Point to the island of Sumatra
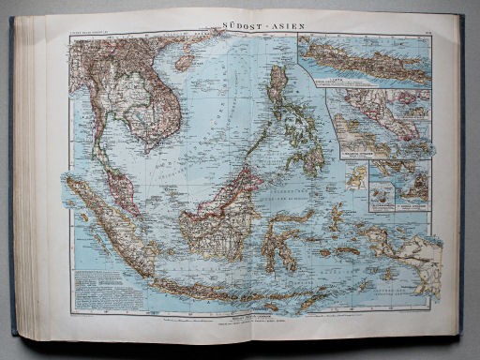pyautogui.click(x=112, y=225)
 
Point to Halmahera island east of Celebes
pyautogui.click(x=337, y=212)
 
